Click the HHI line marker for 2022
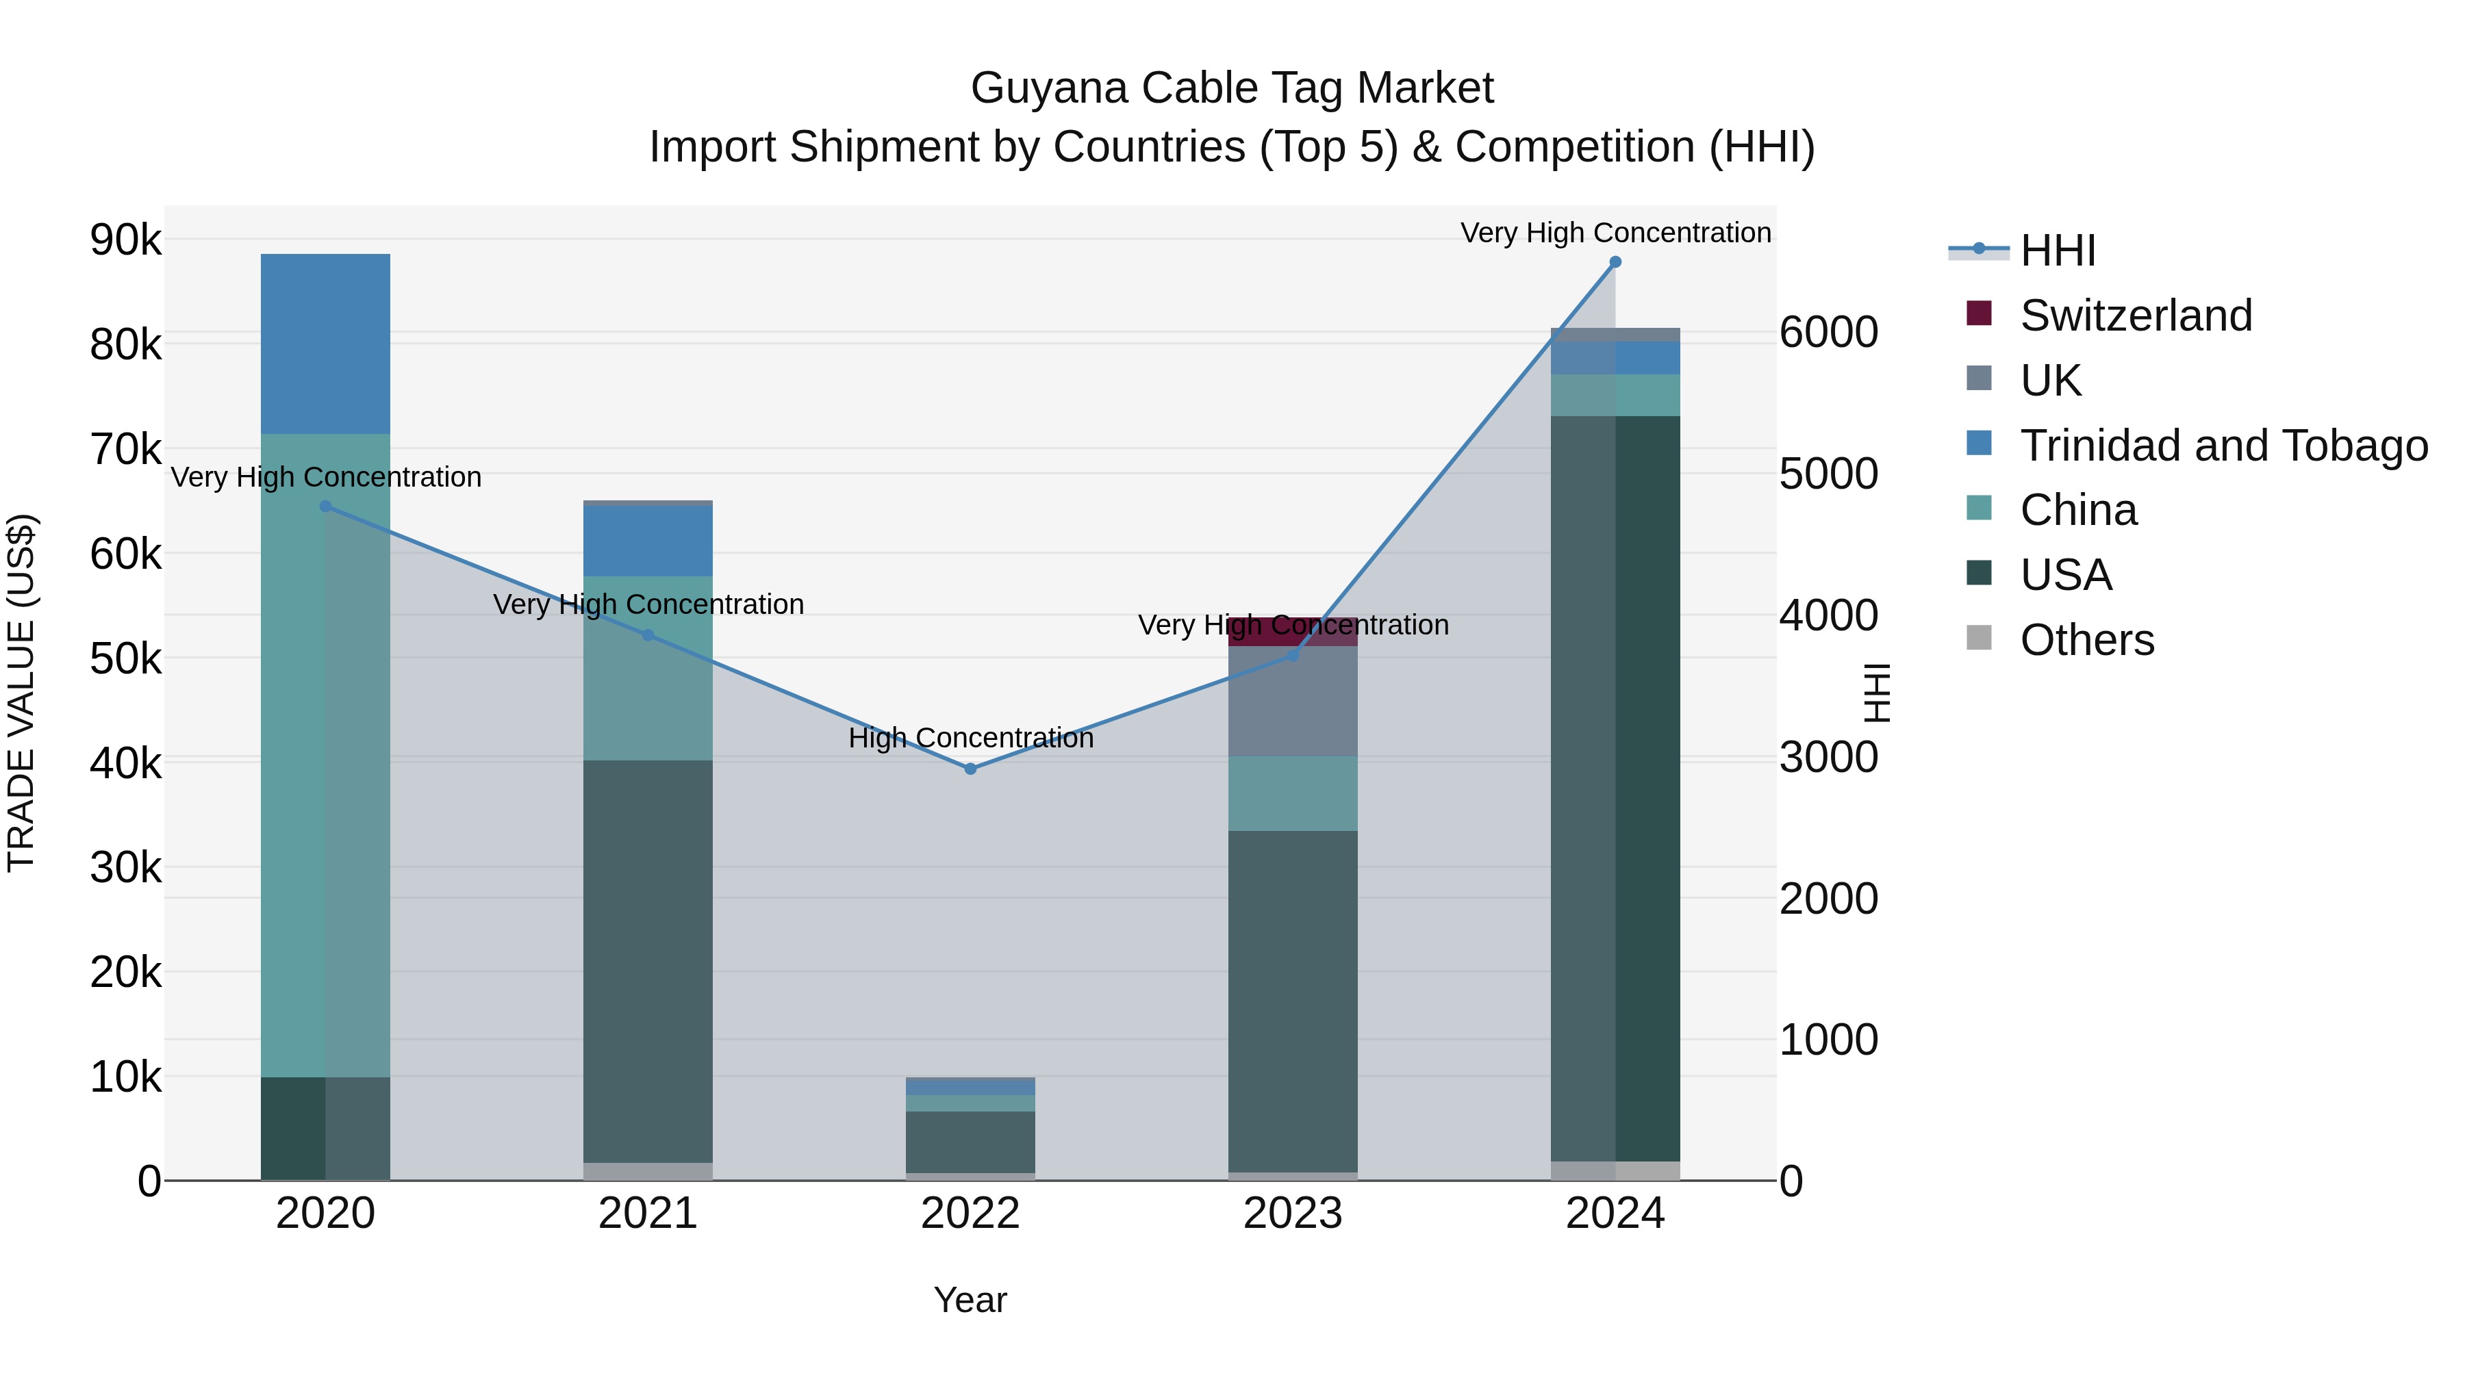point(970,769)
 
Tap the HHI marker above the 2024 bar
point(1615,262)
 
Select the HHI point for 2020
point(325,506)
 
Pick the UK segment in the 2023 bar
point(1292,701)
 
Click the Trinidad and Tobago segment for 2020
point(325,344)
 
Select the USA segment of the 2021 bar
point(648,962)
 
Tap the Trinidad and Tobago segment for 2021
point(648,541)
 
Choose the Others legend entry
point(2086,640)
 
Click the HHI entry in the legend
point(2058,251)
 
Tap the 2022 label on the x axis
point(970,1214)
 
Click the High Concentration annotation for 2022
point(970,739)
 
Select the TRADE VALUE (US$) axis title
point(21,693)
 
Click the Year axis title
point(970,1300)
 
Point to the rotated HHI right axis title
point(1878,693)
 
